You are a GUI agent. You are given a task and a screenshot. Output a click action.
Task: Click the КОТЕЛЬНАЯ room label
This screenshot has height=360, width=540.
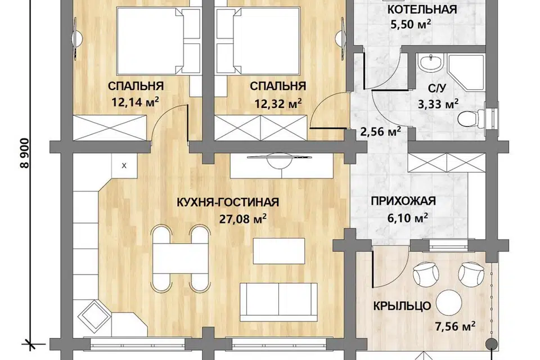click(422, 10)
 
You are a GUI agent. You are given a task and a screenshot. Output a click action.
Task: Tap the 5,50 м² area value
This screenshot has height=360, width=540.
click(411, 24)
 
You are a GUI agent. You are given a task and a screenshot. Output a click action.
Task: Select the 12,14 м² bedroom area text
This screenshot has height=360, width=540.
click(135, 102)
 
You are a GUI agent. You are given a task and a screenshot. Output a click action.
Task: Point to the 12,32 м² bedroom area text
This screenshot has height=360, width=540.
click(278, 103)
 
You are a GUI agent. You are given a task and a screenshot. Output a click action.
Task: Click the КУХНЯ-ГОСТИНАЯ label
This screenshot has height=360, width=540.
click(228, 202)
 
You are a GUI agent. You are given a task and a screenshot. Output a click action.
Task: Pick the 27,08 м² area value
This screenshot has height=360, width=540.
click(243, 219)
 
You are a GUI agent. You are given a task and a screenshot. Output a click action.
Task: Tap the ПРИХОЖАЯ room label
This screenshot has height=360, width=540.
click(403, 201)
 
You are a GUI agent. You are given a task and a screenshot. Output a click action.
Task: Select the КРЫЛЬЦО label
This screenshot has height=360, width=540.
click(402, 306)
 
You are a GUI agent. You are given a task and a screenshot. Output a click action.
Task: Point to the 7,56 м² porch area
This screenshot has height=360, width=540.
click(455, 326)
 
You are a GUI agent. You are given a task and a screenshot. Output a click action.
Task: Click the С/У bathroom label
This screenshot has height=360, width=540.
click(437, 88)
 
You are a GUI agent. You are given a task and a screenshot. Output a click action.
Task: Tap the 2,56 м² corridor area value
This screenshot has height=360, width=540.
click(381, 131)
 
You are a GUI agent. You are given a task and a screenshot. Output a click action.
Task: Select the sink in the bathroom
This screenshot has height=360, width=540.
click(430, 63)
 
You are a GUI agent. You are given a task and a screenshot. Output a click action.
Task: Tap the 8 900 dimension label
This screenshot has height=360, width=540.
click(25, 153)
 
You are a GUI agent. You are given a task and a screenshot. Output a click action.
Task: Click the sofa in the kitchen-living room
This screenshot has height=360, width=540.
click(278, 302)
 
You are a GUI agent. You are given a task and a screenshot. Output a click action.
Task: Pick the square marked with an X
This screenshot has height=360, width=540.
click(124, 166)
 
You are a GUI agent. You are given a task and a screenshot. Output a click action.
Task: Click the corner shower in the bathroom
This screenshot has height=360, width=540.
click(466, 71)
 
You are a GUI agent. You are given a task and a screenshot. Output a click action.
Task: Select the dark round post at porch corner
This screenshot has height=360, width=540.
click(491, 343)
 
